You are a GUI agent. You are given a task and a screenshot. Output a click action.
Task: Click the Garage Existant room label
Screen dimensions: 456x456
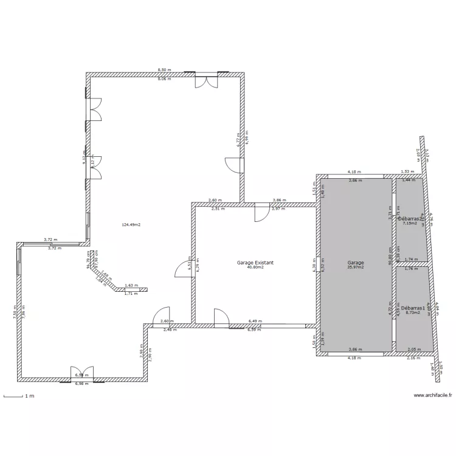click(x=255, y=263)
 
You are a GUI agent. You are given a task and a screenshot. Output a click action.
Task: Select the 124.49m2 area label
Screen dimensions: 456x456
click(x=131, y=225)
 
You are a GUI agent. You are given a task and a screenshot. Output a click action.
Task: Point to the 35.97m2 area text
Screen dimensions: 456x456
click(x=355, y=268)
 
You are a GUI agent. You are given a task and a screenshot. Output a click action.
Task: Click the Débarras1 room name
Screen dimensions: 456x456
click(x=412, y=308)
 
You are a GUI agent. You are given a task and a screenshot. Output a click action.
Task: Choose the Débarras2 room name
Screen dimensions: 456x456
click(x=409, y=218)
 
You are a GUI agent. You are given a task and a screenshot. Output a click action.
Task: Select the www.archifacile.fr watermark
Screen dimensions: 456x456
click(x=433, y=396)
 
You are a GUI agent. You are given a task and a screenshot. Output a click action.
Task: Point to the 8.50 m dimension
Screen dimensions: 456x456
click(x=164, y=70)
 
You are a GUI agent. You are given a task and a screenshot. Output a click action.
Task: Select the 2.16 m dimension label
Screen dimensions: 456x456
click(x=414, y=358)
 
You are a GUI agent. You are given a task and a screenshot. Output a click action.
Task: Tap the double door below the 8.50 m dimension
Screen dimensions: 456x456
click(x=205, y=81)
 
